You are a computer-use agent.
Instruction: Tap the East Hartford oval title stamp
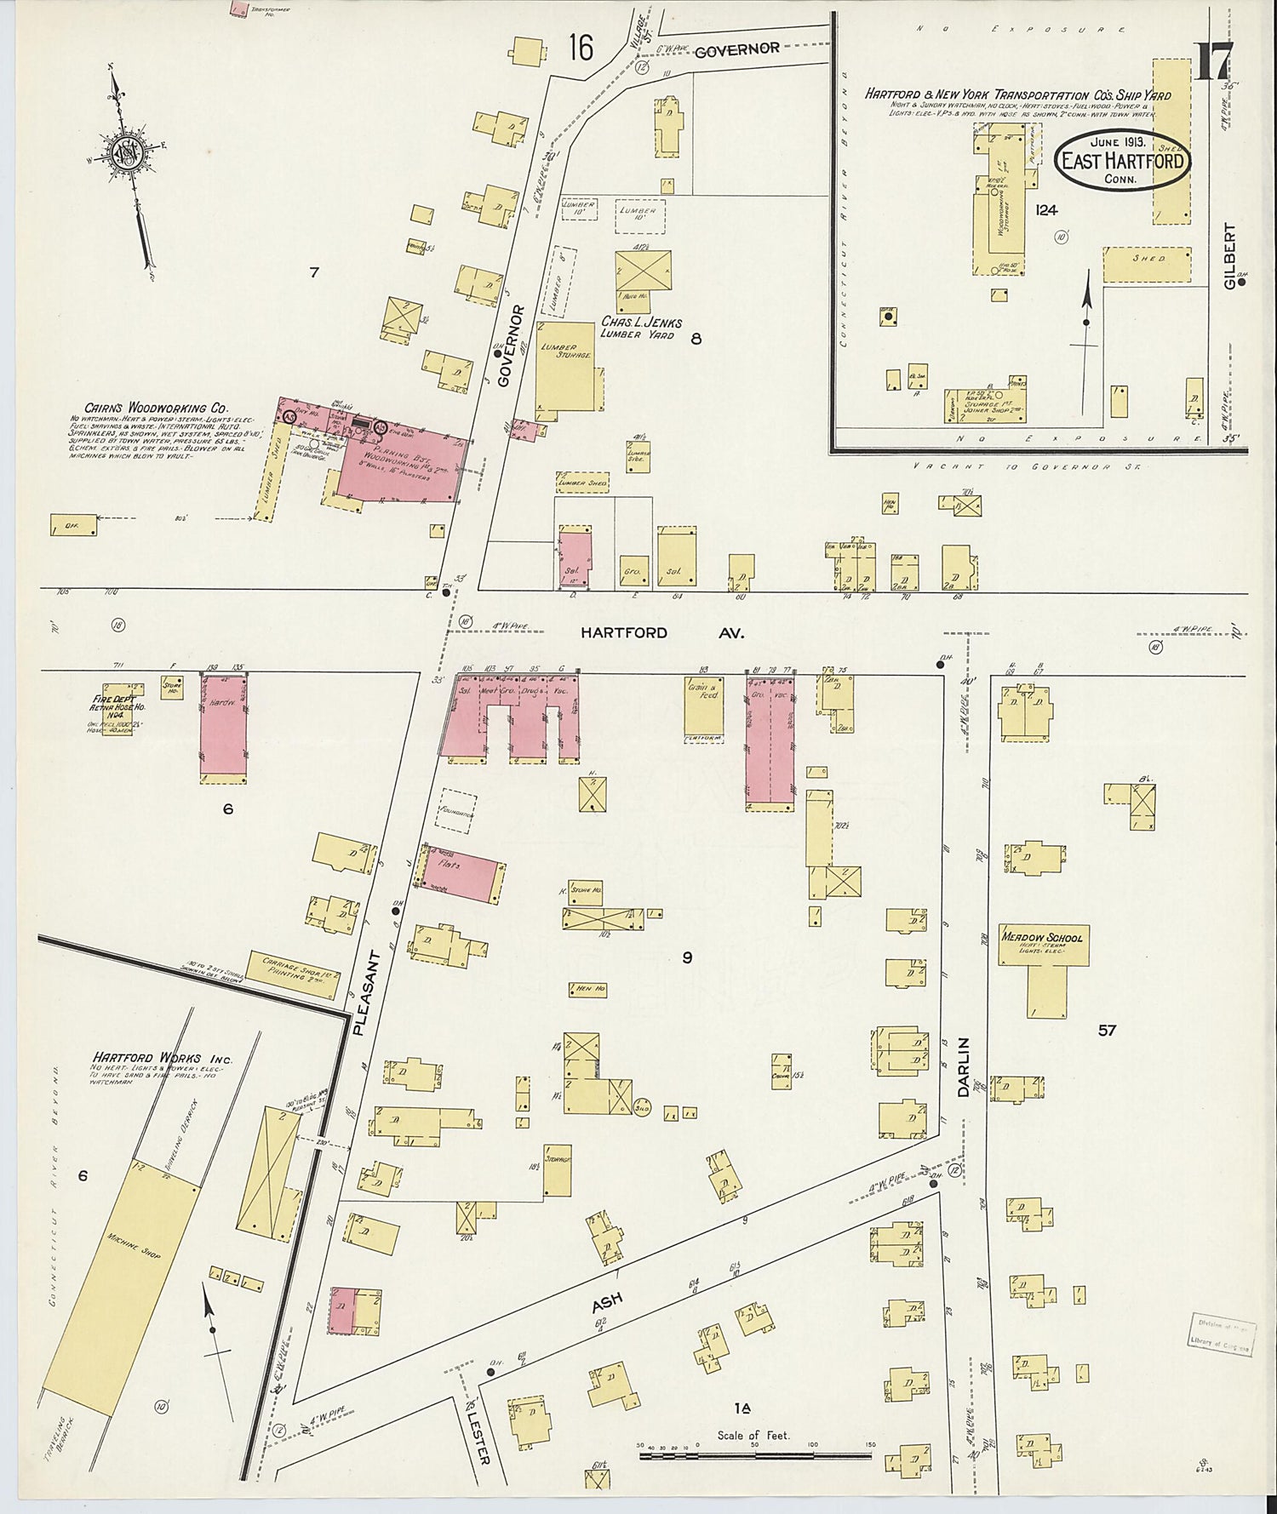coord(1122,160)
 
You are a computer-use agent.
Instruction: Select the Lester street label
coord(479,1437)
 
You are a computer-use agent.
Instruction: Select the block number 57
coord(1106,1031)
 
